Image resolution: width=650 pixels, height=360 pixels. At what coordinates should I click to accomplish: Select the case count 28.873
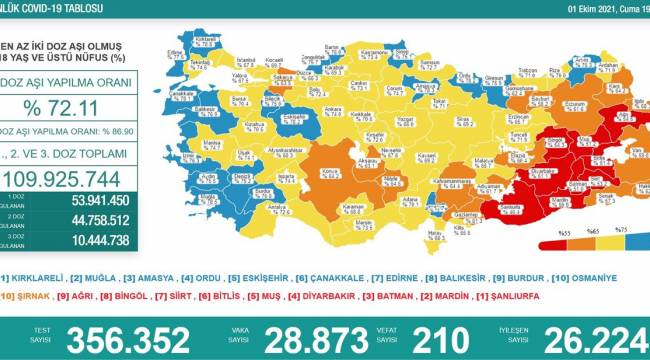coord(330,337)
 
